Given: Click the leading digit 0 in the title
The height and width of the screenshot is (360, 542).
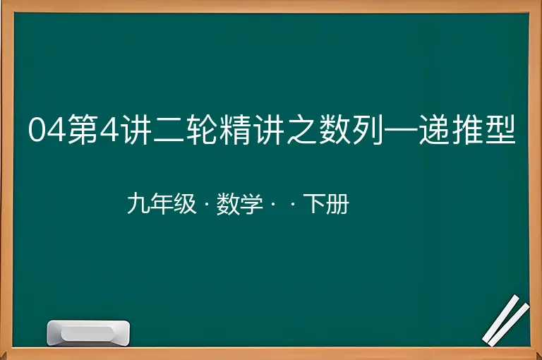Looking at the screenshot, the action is [x=37, y=129].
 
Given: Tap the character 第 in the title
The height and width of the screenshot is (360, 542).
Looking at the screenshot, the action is [x=82, y=129].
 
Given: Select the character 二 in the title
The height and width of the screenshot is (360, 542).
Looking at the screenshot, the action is [x=168, y=130].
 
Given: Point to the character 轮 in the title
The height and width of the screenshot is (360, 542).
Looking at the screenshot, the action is [x=201, y=129].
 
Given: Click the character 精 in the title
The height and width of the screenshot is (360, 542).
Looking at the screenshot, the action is [x=235, y=129].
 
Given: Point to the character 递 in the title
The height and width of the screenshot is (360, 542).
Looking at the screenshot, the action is [x=434, y=129].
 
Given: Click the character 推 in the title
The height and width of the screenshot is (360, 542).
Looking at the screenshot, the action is [x=467, y=129].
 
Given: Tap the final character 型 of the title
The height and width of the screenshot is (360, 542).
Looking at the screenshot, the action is [x=500, y=129].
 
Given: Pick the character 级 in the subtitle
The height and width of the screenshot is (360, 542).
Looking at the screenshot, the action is [x=185, y=204].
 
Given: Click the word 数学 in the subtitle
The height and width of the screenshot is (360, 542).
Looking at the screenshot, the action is [x=239, y=204].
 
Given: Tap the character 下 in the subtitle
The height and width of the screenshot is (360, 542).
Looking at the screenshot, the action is [x=314, y=204].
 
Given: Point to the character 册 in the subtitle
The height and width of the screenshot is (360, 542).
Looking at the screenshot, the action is [x=337, y=204].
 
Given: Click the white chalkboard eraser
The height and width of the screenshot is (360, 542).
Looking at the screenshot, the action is [x=88, y=333].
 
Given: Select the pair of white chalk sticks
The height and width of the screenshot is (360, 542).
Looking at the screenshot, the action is [x=506, y=320].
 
